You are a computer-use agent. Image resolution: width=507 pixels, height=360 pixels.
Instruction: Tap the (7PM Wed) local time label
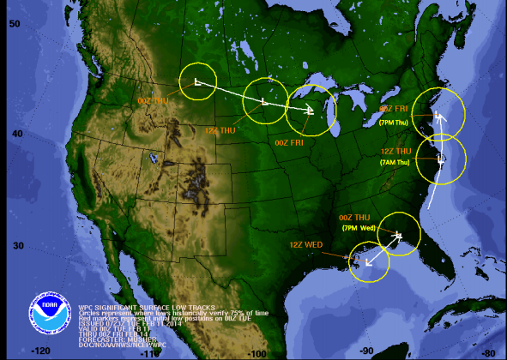click(359, 228)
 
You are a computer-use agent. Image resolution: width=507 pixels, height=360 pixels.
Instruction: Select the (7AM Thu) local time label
click(396, 162)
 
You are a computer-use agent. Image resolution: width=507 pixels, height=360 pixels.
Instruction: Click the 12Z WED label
click(306, 245)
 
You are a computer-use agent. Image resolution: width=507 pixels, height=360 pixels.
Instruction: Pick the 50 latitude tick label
click(15, 23)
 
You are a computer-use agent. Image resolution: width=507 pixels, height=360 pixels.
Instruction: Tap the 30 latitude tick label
click(15, 246)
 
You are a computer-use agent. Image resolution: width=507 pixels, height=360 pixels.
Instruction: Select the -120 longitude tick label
click(41, 351)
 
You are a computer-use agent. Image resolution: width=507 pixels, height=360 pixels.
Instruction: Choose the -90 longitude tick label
click(366, 351)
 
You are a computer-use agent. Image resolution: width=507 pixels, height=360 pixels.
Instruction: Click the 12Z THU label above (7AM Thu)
click(397, 152)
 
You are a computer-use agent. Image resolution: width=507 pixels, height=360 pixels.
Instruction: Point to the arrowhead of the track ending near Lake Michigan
click(312, 110)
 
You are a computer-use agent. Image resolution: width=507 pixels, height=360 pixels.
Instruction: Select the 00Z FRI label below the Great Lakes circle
click(290, 142)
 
